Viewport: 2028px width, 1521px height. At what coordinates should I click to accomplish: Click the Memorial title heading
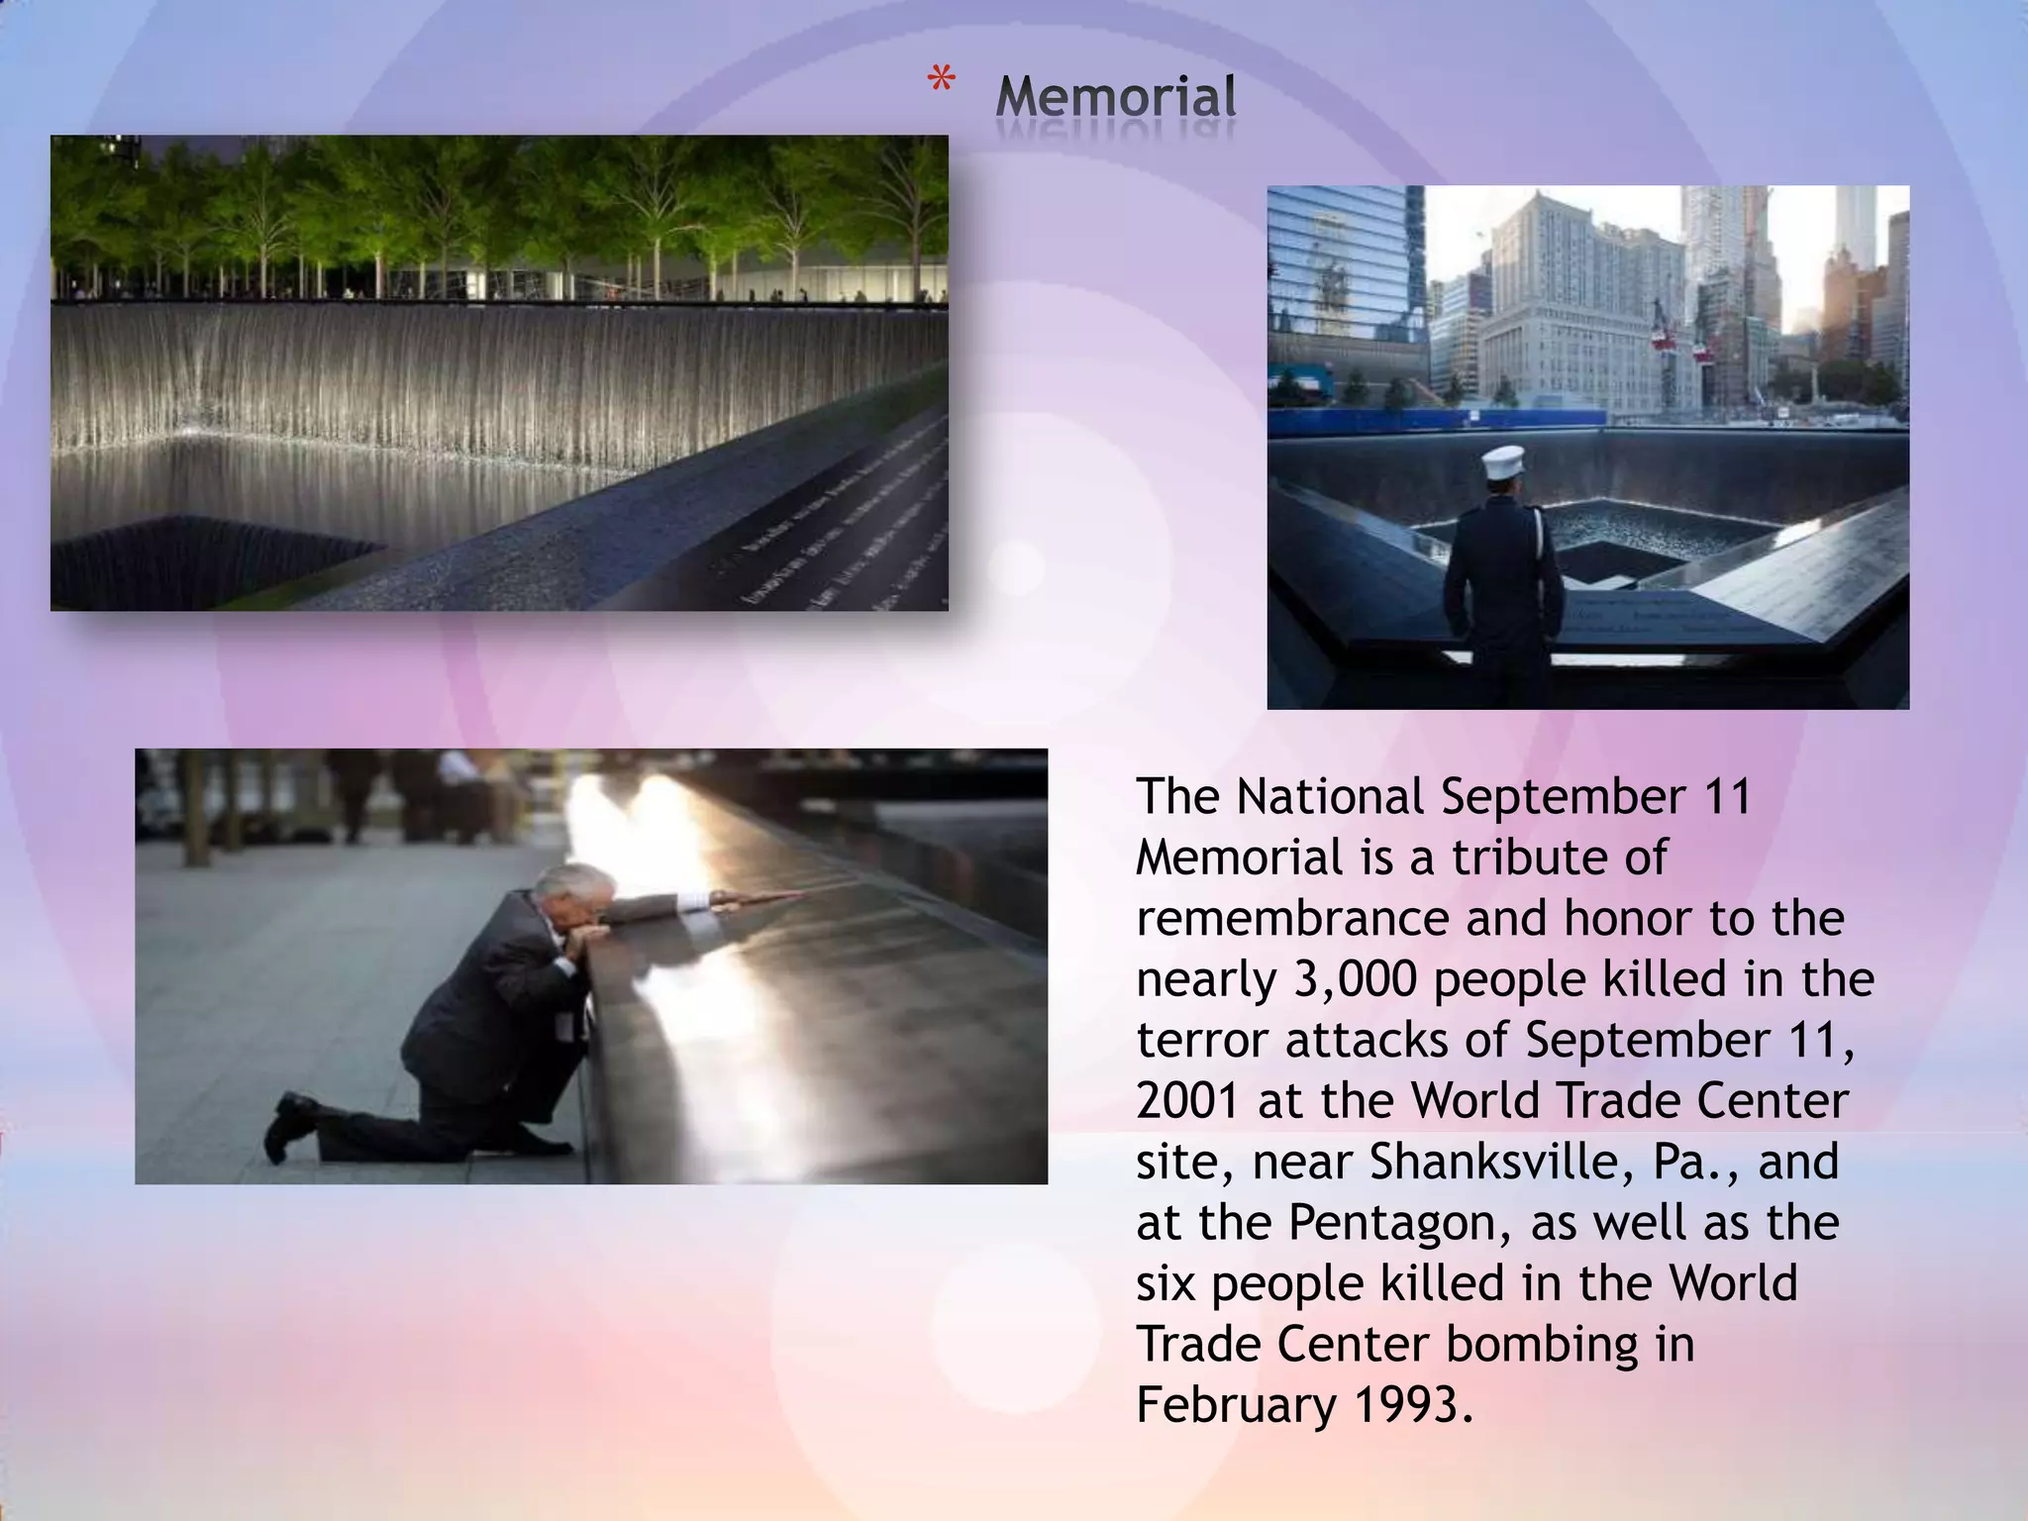pyautogui.click(x=1115, y=97)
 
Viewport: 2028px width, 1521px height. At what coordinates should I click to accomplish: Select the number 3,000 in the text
pyautogui.click(x=1356, y=980)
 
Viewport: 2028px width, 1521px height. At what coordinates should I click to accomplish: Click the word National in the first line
pyautogui.click(x=1329, y=797)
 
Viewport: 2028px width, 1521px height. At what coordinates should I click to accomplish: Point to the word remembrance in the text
pyautogui.click(x=1292, y=919)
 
